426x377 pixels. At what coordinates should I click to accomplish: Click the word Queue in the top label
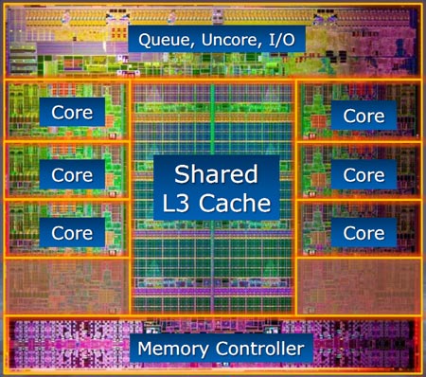pos(163,40)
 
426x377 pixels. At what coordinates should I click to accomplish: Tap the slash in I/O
pos(275,40)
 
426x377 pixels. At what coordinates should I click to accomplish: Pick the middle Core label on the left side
pos(71,174)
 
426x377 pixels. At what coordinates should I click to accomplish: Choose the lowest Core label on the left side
pos(71,232)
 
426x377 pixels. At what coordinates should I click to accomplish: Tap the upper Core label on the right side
pos(364,116)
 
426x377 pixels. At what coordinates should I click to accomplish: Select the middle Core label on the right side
pos(364,174)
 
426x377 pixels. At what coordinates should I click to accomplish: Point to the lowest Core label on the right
pos(364,232)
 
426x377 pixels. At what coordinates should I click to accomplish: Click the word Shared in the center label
pos(215,173)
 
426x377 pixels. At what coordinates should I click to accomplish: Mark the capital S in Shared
pos(181,173)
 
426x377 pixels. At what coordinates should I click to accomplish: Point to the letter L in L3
pos(171,202)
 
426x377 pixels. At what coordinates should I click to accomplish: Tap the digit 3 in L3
pos(186,202)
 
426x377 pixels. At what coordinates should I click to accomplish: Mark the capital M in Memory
pos(147,349)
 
